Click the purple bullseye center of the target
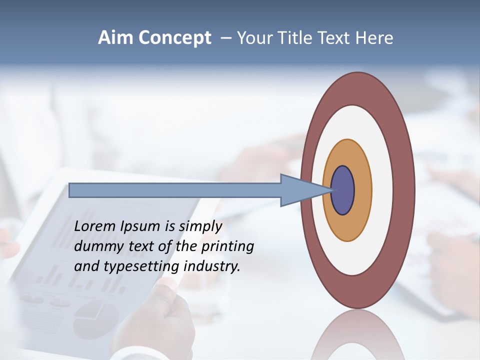coord(343,190)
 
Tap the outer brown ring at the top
coord(357,88)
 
